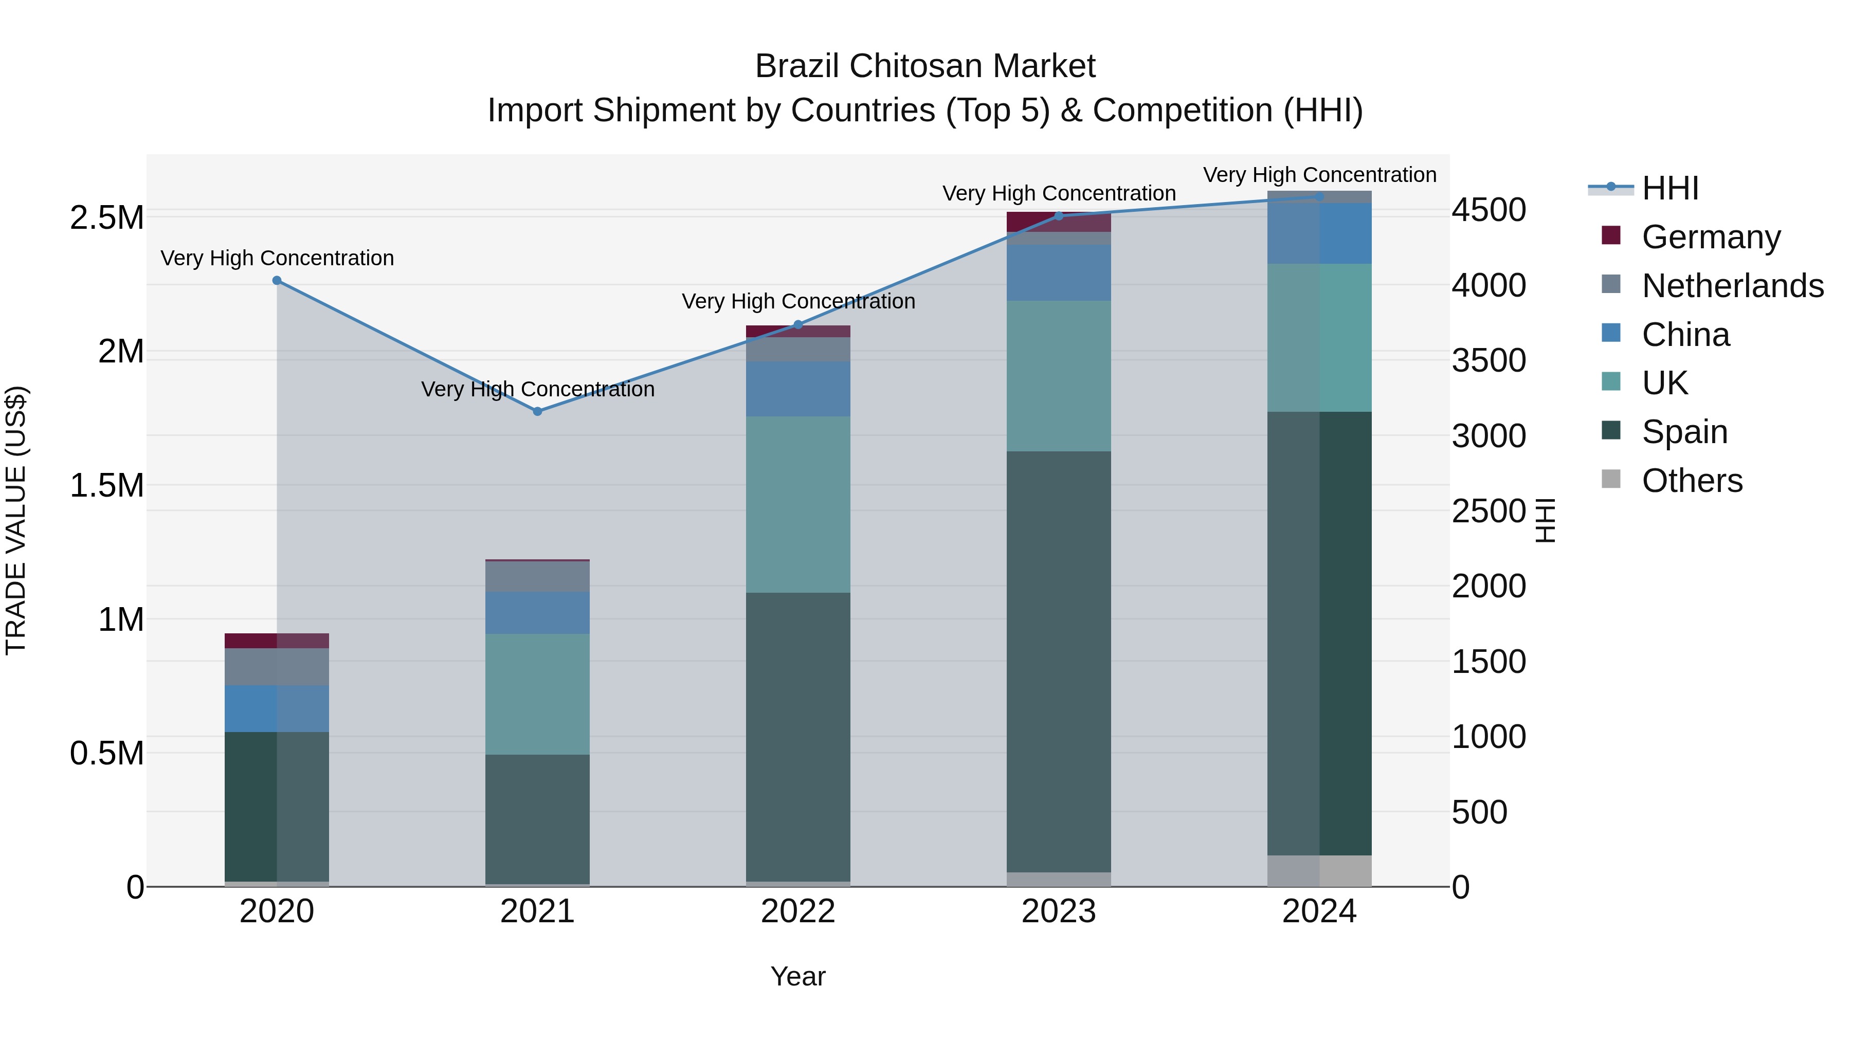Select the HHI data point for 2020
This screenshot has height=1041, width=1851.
coord(277,281)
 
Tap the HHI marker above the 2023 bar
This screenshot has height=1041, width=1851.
coord(1059,215)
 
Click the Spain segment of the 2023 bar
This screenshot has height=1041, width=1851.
coord(1059,661)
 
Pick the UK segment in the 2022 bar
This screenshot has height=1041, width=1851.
coord(797,504)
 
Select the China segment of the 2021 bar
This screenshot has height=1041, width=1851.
coord(537,613)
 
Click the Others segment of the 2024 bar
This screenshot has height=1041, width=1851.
coord(1319,871)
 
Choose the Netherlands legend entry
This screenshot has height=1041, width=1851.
coord(1732,286)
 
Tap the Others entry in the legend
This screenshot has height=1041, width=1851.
coord(1692,481)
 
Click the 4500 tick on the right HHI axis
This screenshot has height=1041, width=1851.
coord(1489,210)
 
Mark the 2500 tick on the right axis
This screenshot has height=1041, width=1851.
coord(1489,511)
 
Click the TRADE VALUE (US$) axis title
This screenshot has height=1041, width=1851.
coord(16,520)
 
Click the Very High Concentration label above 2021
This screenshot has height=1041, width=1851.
coord(537,389)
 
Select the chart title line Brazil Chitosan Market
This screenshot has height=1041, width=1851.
coord(925,66)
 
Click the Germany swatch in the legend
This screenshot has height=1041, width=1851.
coord(1612,235)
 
